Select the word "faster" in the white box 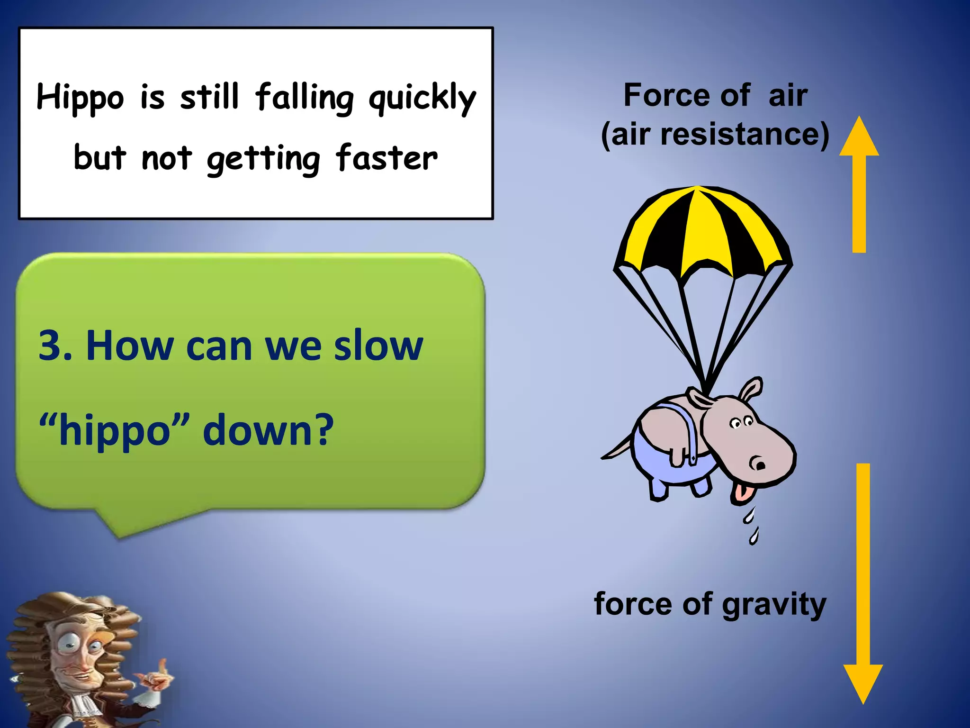click(x=386, y=158)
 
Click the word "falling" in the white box click(x=304, y=99)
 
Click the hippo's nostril click(x=760, y=465)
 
